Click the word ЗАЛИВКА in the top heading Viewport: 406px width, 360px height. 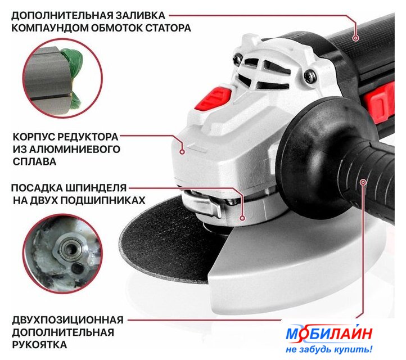pyautogui.click(x=140, y=16)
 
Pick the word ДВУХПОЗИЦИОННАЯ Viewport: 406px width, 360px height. pyautogui.click(x=67, y=320)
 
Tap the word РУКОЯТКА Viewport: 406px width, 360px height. pyautogui.click(x=39, y=345)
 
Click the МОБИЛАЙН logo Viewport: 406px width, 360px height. pyautogui.click(x=329, y=334)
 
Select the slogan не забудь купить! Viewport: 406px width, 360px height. pyautogui.click(x=329, y=350)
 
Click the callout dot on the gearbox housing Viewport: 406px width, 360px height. pyautogui.click(x=182, y=152)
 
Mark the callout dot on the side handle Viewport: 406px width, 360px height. pyautogui.click(x=363, y=182)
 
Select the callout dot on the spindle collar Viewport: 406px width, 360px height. pyautogui.click(x=242, y=218)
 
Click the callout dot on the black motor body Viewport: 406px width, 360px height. pyautogui.click(x=356, y=38)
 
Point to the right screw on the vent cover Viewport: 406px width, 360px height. pyautogui.click(x=310, y=76)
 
